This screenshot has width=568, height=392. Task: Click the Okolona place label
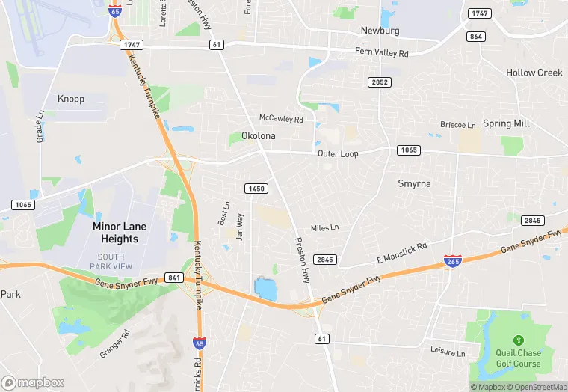pyautogui.click(x=259, y=136)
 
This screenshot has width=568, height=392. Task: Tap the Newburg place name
pyautogui.click(x=380, y=31)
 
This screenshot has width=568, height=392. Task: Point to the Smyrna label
pyautogui.click(x=414, y=183)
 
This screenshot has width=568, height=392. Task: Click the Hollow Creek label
pyautogui.click(x=534, y=73)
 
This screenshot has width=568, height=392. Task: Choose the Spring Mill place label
pyautogui.click(x=506, y=123)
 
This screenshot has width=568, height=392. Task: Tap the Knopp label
pyautogui.click(x=71, y=99)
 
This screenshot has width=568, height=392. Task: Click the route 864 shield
pyautogui.click(x=475, y=36)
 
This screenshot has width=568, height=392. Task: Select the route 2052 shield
pyautogui.click(x=379, y=82)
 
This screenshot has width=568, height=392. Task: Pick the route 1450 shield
pyautogui.click(x=255, y=189)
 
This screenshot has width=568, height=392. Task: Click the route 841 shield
pyautogui.click(x=174, y=278)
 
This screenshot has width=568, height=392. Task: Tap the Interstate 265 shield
pyautogui.click(x=453, y=260)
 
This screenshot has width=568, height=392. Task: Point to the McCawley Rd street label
pyautogui.click(x=281, y=119)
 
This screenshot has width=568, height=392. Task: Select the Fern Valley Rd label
pyautogui.click(x=382, y=53)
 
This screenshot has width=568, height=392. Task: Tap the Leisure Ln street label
pyautogui.click(x=448, y=352)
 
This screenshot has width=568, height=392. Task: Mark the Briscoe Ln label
pyautogui.click(x=457, y=125)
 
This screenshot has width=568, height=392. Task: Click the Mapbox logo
pyautogui.click(x=33, y=382)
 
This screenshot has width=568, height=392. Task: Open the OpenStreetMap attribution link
pyautogui.click(x=537, y=387)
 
